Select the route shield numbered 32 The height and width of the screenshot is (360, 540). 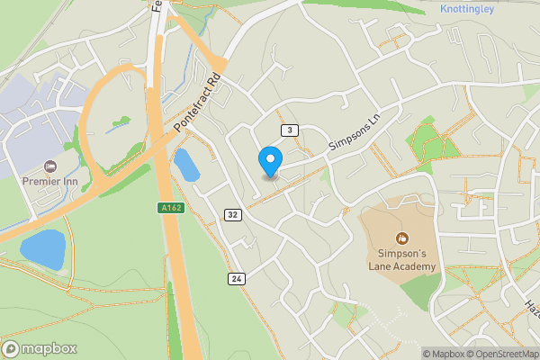coord(233,214)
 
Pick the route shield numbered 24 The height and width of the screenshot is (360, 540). coord(237,279)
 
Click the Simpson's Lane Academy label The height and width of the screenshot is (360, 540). coord(402,260)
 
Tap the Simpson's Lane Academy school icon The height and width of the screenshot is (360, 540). coord(402,238)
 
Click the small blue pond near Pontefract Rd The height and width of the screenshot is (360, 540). coord(185,165)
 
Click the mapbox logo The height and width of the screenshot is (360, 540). coord(40,348)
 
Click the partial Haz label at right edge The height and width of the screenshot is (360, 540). coord(531,303)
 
